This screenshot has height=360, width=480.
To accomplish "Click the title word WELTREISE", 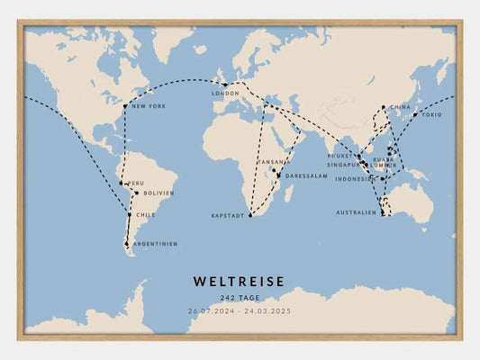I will [239, 282].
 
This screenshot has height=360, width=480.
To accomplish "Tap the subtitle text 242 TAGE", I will [239, 298].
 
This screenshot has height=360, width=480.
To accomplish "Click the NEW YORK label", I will [149, 107].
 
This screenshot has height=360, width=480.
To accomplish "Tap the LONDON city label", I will [225, 94].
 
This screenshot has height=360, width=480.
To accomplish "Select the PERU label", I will [134, 183].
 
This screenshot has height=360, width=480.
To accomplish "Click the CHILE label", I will [145, 215].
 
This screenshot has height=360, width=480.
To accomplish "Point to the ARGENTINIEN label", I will [154, 244].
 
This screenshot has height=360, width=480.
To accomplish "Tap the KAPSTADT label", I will [228, 216].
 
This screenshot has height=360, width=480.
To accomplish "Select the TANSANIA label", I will [275, 162].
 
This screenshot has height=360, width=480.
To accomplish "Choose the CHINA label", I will [400, 107].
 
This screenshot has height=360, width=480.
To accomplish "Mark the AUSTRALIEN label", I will [357, 212].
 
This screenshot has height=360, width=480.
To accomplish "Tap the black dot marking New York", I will [126, 107].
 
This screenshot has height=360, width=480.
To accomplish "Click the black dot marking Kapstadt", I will [250, 216].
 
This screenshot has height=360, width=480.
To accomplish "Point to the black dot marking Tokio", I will [415, 114].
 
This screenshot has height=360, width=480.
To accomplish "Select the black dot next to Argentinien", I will [127, 244].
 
